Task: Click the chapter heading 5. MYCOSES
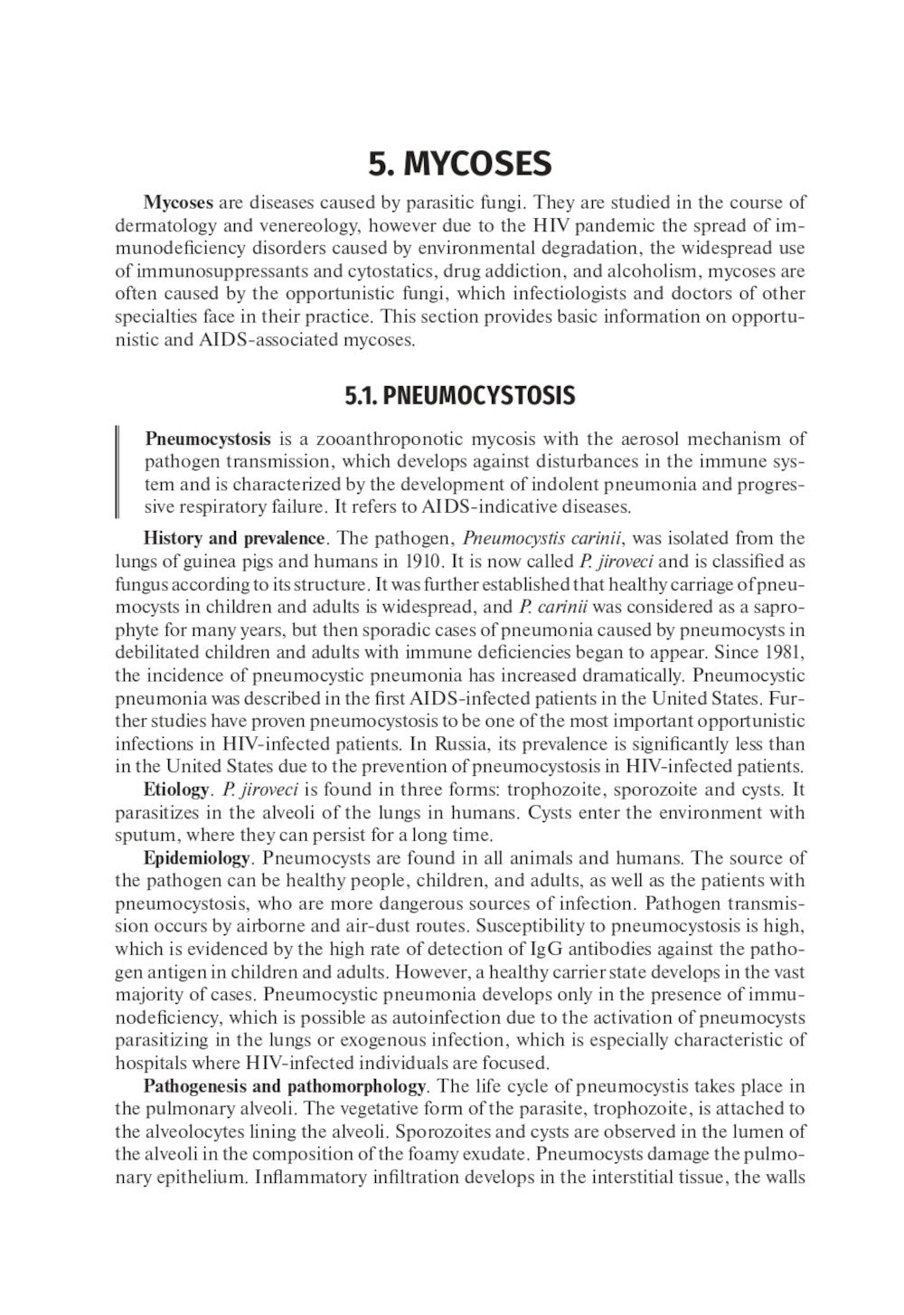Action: (459, 165)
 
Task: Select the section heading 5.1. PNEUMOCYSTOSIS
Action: (459, 396)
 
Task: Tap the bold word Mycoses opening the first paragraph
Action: (178, 203)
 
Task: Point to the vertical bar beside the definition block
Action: (118, 472)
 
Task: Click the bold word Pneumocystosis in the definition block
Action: (208, 440)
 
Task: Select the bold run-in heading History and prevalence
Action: (234, 539)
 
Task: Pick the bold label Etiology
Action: (175, 789)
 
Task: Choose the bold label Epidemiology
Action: (196, 857)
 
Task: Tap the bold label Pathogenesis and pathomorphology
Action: (285, 1085)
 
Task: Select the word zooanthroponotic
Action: (372, 440)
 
